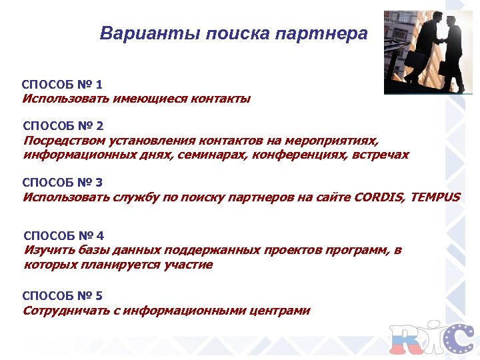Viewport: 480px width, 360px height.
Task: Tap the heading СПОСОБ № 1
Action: tap(62, 85)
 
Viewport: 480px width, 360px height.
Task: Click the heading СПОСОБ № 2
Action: tap(63, 125)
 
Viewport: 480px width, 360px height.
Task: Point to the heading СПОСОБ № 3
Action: tap(63, 182)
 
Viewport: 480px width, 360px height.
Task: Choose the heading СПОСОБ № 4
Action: tap(63, 236)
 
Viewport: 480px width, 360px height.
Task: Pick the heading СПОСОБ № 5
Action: tap(63, 295)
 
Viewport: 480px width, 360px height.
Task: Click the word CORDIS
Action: tap(379, 197)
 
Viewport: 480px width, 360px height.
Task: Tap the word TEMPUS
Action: tap(435, 197)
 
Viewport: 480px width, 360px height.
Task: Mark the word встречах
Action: tap(381, 155)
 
